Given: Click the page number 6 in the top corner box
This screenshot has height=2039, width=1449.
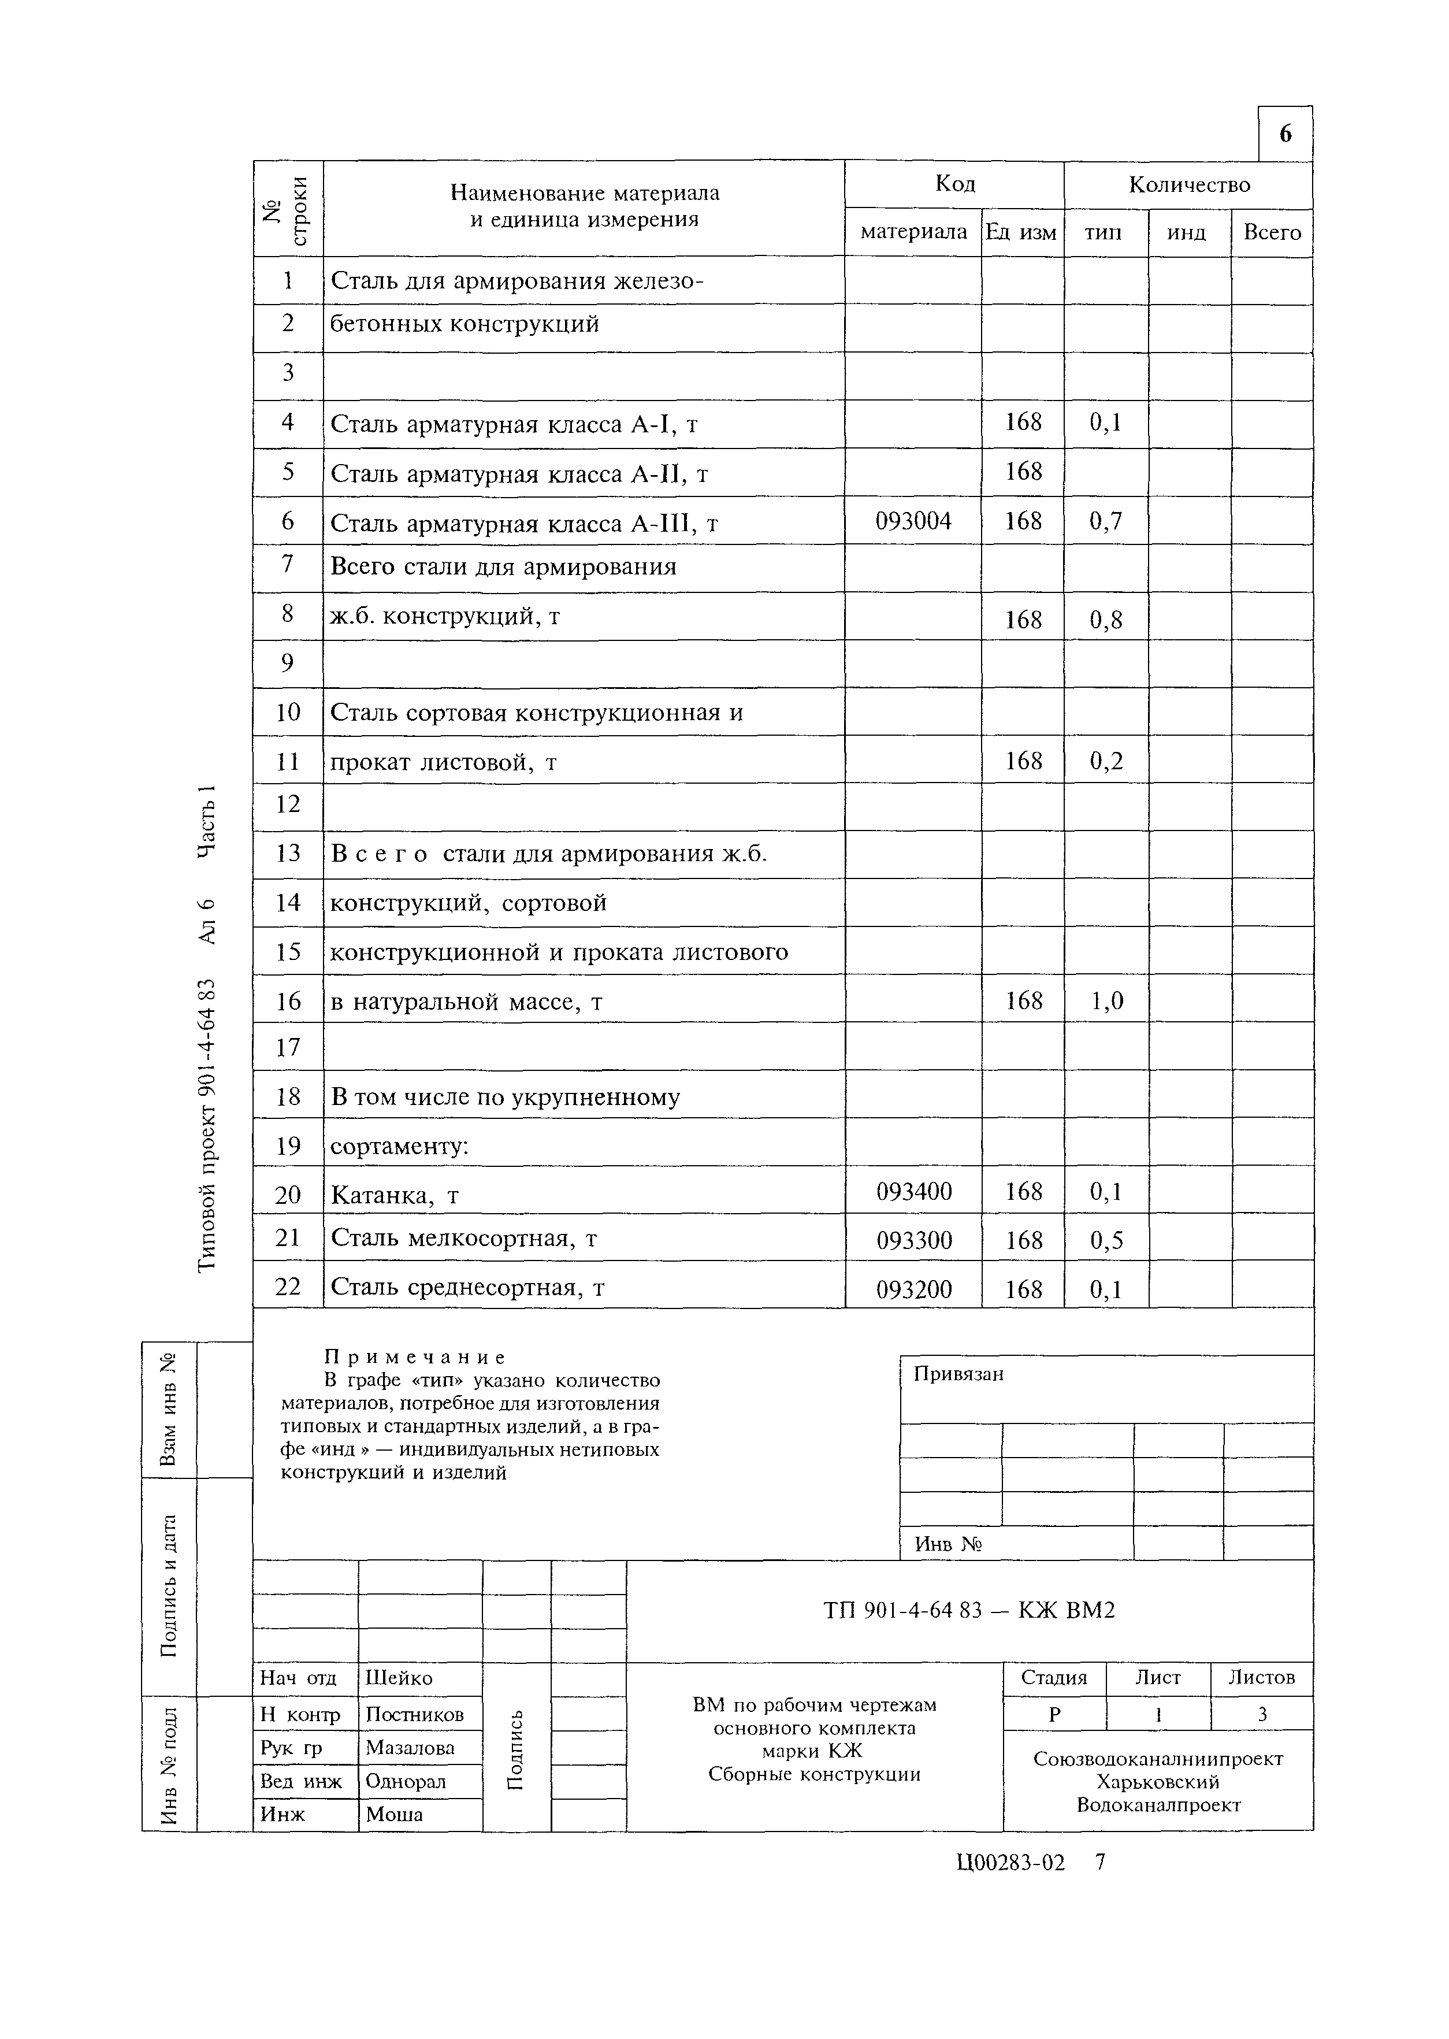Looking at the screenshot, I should point(1285,134).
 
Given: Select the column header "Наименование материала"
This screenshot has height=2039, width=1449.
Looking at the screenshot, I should point(585,193).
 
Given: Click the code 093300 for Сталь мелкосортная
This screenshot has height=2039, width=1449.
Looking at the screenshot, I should point(913,1240).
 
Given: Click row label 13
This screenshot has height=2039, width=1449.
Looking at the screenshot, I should point(288,854).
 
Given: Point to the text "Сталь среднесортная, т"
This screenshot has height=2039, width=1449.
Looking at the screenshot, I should point(467,1288).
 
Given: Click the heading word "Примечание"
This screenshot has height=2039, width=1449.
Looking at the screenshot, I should point(415,1357).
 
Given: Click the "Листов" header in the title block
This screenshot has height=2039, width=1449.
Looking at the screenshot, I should point(1261,1678).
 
